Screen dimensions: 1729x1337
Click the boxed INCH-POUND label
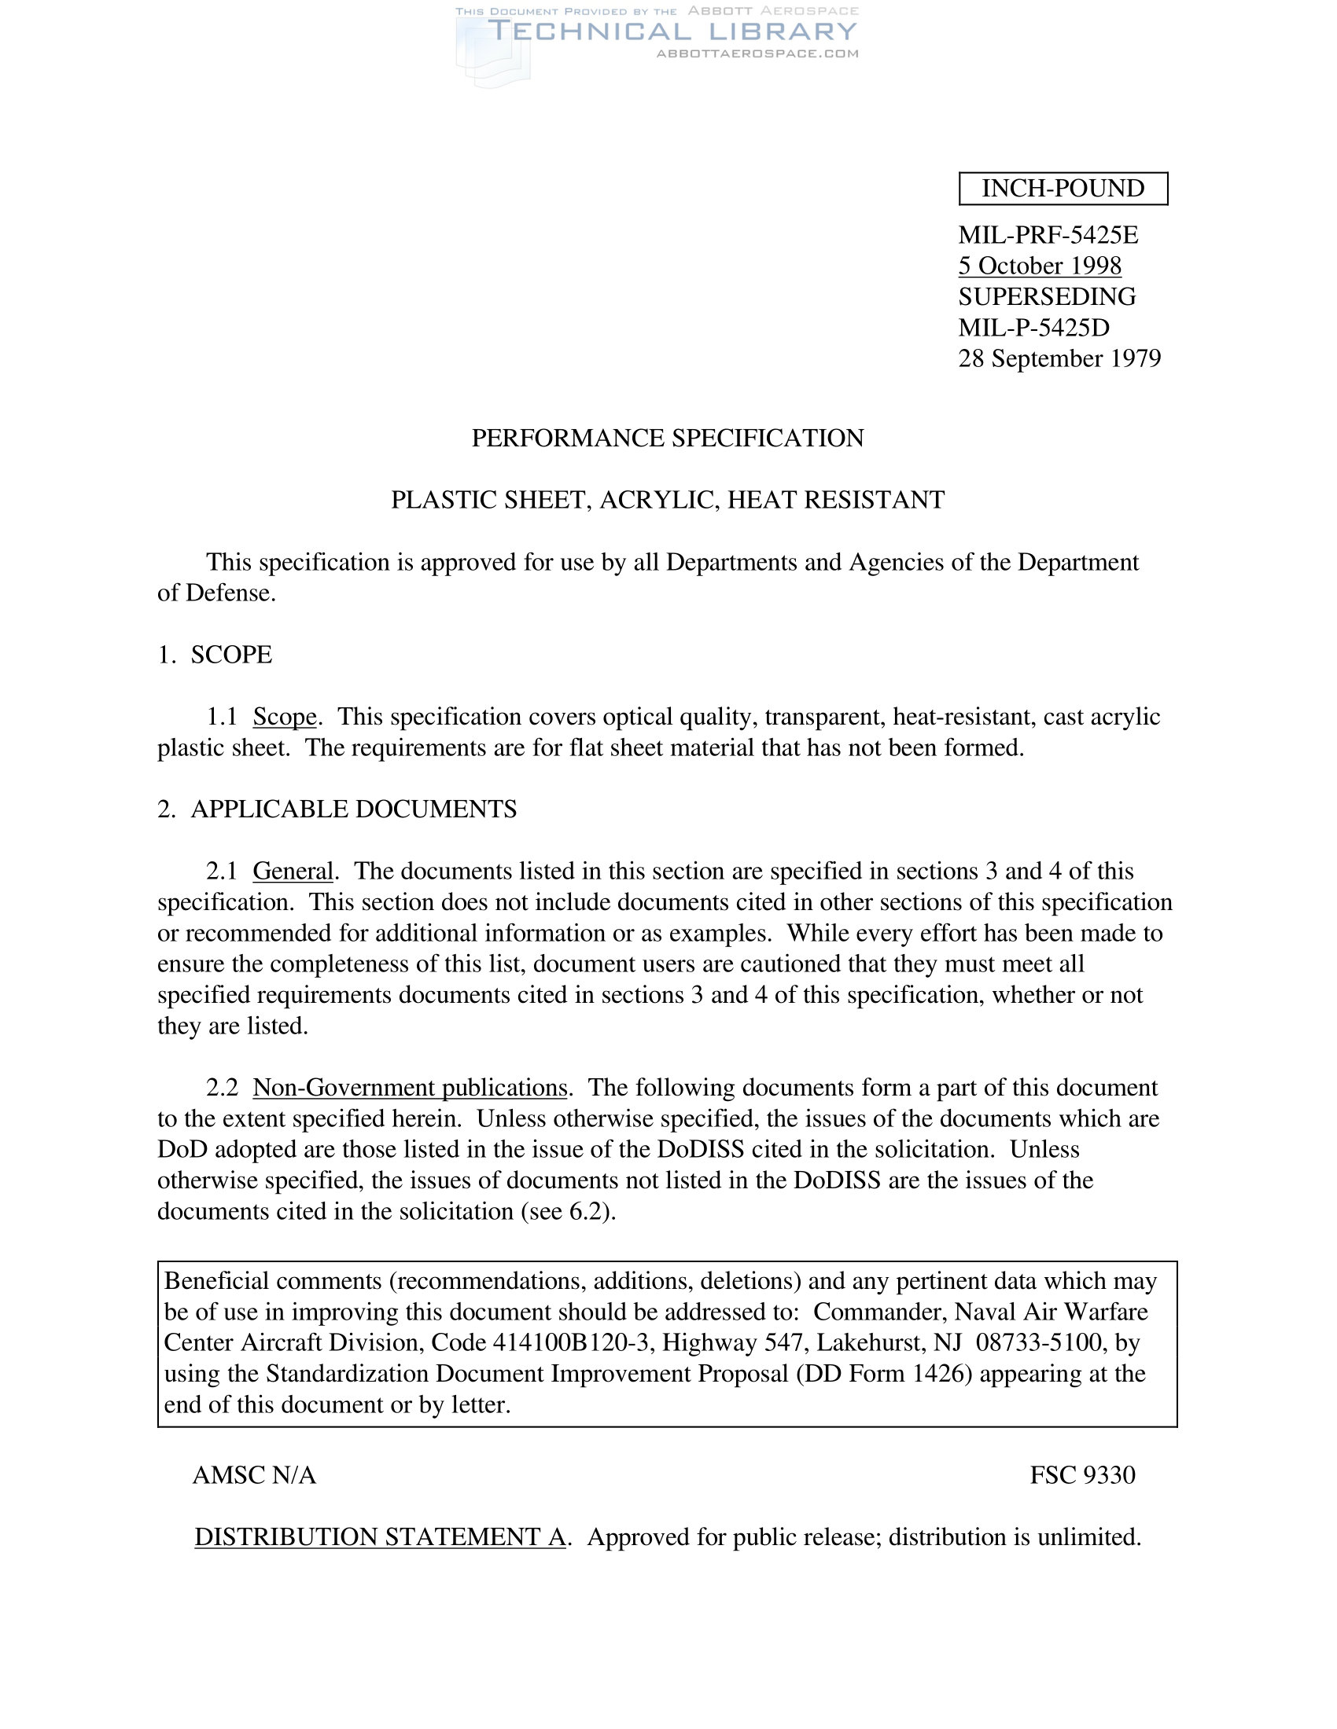coord(1063,189)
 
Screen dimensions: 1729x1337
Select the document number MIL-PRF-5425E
coord(1048,235)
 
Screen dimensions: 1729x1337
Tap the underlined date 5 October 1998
coord(1039,266)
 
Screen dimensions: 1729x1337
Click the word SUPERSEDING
coord(1047,297)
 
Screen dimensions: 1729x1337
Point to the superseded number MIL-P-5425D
coord(1033,328)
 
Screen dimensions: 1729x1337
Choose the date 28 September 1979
coord(1059,358)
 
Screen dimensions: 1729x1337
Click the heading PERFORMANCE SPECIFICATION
coord(668,438)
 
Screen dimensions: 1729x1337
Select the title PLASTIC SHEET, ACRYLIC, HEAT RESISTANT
coord(668,501)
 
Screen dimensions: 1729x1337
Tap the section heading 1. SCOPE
coord(215,655)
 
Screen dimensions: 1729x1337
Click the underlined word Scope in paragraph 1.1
coord(285,717)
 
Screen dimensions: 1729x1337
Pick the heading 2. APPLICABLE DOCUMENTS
coord(337,809)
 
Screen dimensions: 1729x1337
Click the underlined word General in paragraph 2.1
coord(293,871)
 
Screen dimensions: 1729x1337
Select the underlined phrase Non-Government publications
coord(410,1088)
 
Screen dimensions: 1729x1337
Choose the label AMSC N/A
coord(254,1475)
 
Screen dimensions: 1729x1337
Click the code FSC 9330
coord(1082,1475)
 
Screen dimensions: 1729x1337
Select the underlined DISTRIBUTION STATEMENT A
coord(380,1536)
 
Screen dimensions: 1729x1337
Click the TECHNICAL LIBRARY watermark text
coord(672,31)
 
